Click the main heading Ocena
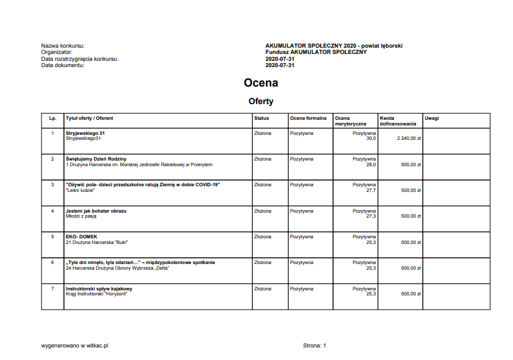tap(260, 83)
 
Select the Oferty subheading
tap(260, 101)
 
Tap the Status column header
tap(262, 118)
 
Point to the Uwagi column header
tap(431, 118)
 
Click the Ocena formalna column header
tap(308, 118)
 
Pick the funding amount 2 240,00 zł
tap(408, 138)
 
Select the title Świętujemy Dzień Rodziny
tap(96, 159)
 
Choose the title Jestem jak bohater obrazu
tap(96, 211)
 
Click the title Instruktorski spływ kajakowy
tap(99, 289)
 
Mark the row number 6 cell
tap(53, 263)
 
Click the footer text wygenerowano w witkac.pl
tap(75, 345)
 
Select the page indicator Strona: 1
tap(315, 345)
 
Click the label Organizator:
tap(57, 52)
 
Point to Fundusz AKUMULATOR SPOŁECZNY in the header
tap(315, 52)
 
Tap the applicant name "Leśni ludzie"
tap(80, 190)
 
